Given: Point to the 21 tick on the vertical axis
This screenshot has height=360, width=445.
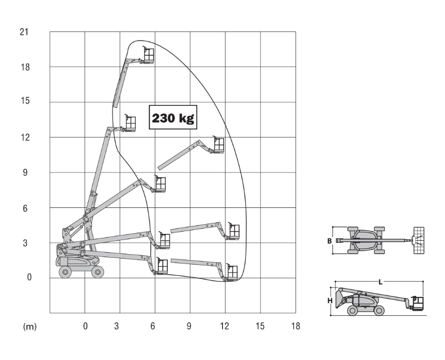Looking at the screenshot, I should click(x=24, y=32).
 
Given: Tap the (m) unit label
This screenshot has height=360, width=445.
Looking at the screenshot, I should click(x=30, y=326).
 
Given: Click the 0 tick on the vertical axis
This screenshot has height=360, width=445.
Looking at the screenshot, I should click(x=29, y=277).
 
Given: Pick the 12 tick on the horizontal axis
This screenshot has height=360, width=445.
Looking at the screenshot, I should click(x=225, y=326).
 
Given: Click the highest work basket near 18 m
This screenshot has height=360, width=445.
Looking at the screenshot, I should click(x=148, y=55).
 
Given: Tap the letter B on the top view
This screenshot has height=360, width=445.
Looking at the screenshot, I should click(x=329, y=241).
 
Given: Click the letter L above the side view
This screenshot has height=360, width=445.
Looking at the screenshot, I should click(x=380, y=282).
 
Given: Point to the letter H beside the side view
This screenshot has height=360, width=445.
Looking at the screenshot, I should click(x=330, y=301).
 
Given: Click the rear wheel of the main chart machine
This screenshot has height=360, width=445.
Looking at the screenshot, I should click(x=65, y=271).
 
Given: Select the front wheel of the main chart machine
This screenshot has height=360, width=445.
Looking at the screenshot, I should click(x=98, y=271).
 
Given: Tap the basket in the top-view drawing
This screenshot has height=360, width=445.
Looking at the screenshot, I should click(x=419, y=241).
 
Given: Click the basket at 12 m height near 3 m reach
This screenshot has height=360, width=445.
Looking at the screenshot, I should click(x=130, y=123).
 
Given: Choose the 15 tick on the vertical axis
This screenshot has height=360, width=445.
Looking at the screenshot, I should click(x=24, y=101).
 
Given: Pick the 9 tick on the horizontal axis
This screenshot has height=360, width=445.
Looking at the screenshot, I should click(x=189, y=326).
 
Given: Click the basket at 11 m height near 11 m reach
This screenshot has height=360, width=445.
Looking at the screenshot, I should click(x=218, y=145).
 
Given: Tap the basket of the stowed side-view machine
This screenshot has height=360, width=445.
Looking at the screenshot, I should click(x=418, y=303).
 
